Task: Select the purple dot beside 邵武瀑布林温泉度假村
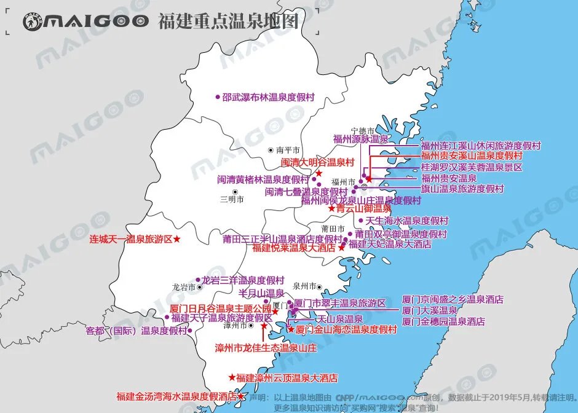click(x=217, y=96)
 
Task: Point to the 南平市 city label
click(x=288, y=150)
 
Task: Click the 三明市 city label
click(x=232, y=199)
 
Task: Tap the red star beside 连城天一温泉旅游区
click(x=177, y=238)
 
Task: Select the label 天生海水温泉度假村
click(x=407, y=221)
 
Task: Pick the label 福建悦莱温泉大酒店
click(x=294, y=248)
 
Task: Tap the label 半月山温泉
click(x=261, y=293)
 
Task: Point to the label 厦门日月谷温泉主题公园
click(x=220, y=308)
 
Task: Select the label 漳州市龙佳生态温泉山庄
click(x=265, y=348)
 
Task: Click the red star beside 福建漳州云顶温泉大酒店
click(x=232, y=377)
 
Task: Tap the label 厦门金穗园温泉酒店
click(x=443, y=321)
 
